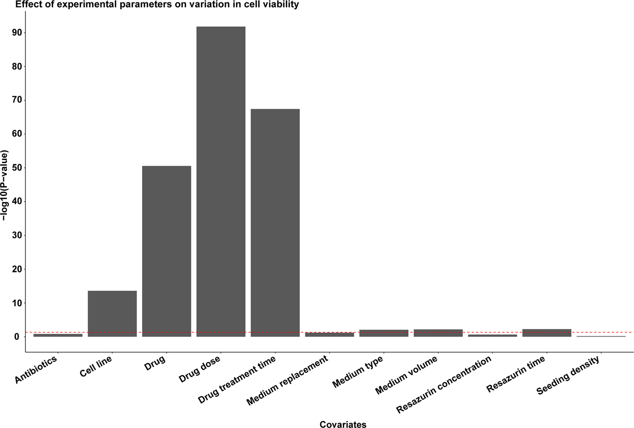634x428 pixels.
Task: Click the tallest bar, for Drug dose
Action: tap(221, 181)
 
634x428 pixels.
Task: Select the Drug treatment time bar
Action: tap(275, 222)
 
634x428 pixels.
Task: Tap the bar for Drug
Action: tap(167, 251)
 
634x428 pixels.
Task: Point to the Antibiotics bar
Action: tap(58, 335)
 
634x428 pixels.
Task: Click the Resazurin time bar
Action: tap(547, 333)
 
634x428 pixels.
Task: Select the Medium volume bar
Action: tap(438, 333)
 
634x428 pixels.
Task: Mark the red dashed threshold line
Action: tap(606, 332)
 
